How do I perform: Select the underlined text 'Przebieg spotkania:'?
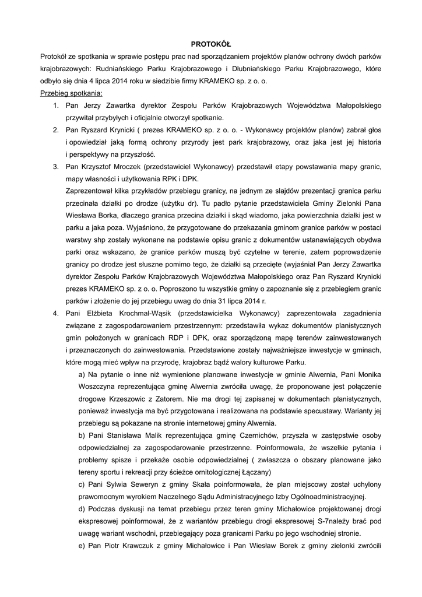[x=71, y=93]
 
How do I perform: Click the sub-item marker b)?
[x=82, y=435]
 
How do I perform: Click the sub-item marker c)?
[x=82, y=484]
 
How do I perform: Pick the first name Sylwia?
[x=118, y=484]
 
